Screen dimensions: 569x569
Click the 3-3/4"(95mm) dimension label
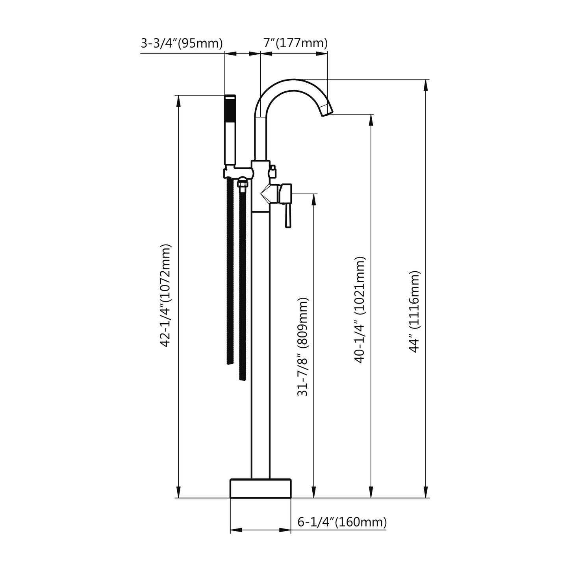[x=182, y=43]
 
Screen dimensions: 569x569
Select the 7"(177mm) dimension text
[x=295, y=43]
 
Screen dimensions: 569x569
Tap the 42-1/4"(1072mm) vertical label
[x=166, y=295]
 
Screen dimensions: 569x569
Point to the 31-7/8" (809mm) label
[x=303, y=346]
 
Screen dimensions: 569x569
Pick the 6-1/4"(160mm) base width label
[x=342, y=522]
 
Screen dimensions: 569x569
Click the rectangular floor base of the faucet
[x=260, y=488]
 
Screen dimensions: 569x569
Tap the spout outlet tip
[x=327, y=111]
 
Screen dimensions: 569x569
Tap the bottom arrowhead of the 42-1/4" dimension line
[x=179, y=492]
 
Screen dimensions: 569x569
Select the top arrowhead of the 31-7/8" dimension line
[x=314, y=199]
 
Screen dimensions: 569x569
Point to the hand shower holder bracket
[x=237, y=172]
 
